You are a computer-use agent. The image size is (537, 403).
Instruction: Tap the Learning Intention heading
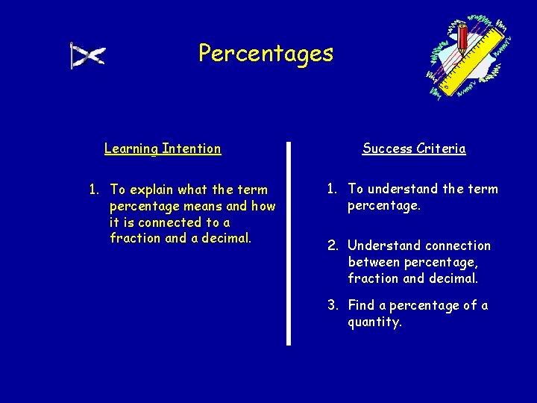[163, 149]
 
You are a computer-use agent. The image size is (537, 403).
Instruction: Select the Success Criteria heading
[414, 149]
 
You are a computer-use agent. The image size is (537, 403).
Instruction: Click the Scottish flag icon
[88, 55]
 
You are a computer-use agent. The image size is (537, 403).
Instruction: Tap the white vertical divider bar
[289, 243]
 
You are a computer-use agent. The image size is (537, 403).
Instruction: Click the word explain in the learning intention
[154, 190]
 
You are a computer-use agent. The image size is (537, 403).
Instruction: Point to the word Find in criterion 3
[361, 306]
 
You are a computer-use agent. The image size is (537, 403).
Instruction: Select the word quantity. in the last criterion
[374, 322]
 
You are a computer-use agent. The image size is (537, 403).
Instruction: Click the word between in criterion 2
[374, 262]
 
